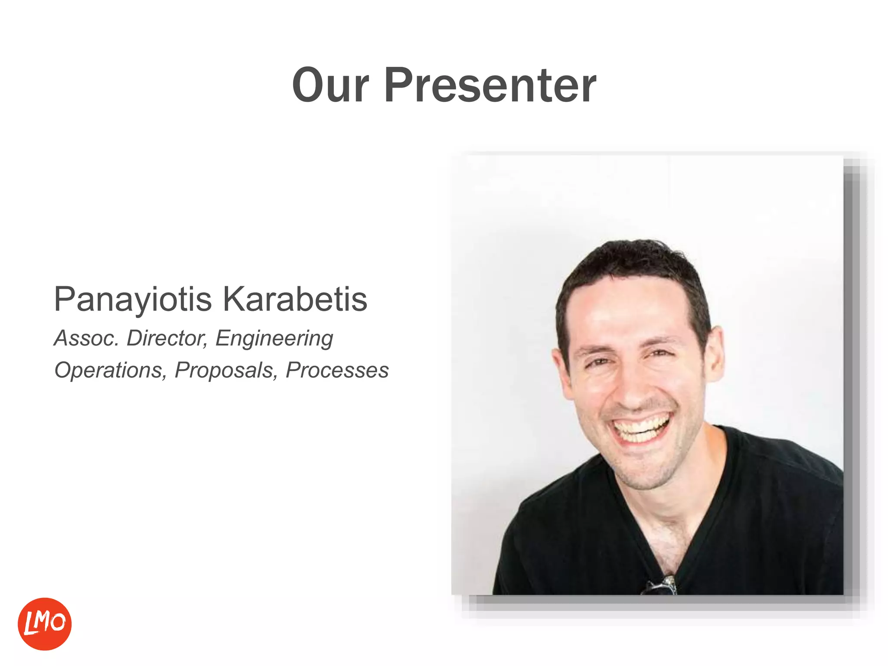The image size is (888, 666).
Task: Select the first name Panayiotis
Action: [133, 300]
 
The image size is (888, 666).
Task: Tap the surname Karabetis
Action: [295, 300]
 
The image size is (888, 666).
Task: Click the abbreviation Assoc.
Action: [86, 338]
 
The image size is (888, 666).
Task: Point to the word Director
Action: [167, 338]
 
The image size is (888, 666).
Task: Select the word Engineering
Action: [274, 338]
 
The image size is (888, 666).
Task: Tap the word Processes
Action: [337, 370]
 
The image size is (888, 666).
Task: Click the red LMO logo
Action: [45, 624]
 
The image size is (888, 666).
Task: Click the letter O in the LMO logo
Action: [58, 623]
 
